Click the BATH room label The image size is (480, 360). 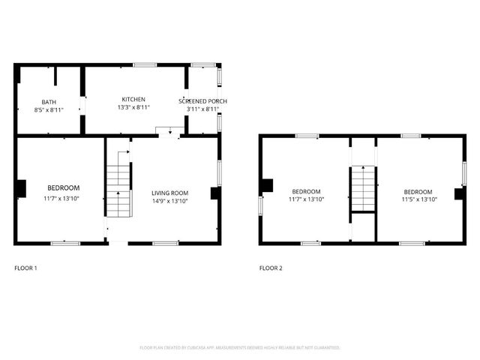coord(49,101)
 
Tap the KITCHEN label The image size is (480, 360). coord(133,99)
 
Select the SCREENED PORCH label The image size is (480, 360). coord(202,101)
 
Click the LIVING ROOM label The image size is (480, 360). coord(169,193)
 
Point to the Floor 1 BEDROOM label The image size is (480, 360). coord(64,187)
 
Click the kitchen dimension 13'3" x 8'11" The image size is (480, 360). coord(133,108)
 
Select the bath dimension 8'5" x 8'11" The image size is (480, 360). coord(49,110)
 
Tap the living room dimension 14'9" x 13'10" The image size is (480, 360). coord(169,201)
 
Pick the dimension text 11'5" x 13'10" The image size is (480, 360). coord(417,200)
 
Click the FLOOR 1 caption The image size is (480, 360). coord(25,268)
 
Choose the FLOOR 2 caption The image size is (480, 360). coord(271,268)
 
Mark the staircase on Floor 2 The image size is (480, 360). coord(363,189)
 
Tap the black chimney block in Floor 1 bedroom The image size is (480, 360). coord(21,188)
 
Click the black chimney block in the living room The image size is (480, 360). coord(215,193)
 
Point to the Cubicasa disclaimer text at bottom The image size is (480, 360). coord(240,348)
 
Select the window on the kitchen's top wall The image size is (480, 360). coord(145,65)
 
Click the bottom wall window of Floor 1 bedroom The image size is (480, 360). coord(65,243)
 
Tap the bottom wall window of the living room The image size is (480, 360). coord(165,243)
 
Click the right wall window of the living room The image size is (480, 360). coord(220,171)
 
